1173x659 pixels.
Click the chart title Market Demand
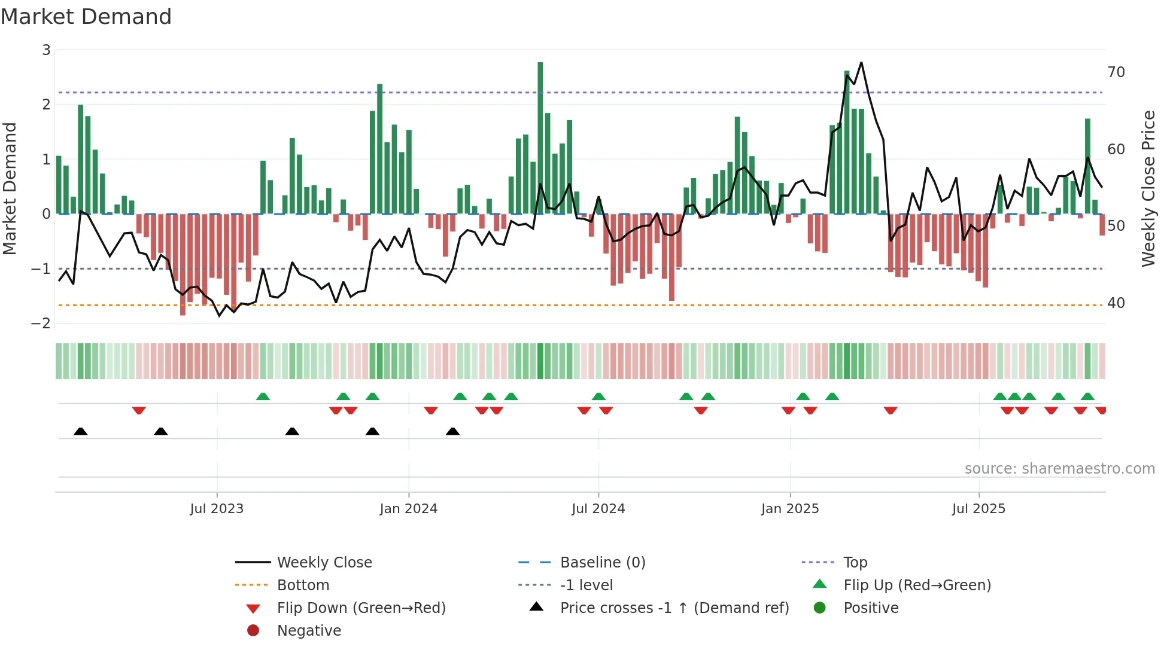86,17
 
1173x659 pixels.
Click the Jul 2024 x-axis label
598,508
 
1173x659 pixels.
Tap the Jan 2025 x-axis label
790,508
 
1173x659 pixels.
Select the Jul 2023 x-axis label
217,508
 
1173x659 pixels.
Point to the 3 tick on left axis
46,50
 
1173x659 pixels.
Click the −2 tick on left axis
41,323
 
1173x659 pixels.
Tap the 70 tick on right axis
1116,72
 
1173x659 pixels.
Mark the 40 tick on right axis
1116,303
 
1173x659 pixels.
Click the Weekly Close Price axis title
1148,188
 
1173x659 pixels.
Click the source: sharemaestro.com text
1059,468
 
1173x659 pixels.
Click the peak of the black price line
861,62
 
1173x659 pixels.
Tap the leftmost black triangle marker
81,431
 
